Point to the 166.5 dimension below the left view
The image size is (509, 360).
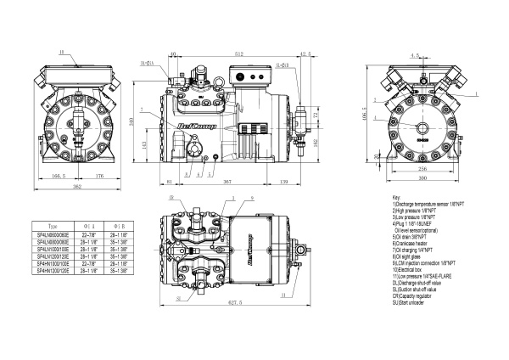(59, 176)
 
